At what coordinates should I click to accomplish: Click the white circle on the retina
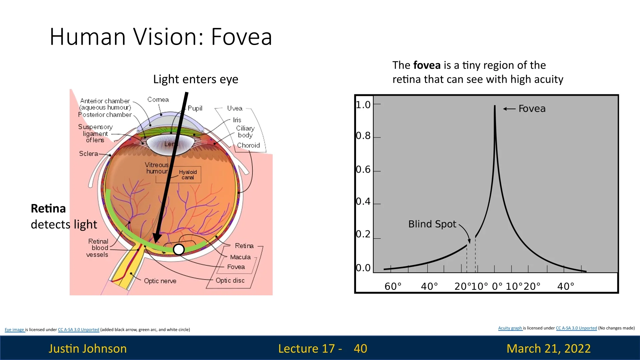click(179, 249)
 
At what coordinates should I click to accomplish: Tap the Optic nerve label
click(160, 281)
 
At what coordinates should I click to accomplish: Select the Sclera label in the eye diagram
click(89, 154)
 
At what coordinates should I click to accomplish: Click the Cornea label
click(158, 100)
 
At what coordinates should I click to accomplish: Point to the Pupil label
click(195, 108)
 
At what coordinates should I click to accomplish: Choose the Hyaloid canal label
click(188, 175)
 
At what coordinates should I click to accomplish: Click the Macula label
click(240, 257)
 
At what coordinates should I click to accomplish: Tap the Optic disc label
click(230, 280)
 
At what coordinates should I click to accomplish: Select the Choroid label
click(248, 145)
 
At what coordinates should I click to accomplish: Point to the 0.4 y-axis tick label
click(363, 201)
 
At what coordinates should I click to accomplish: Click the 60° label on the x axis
click(393, 286)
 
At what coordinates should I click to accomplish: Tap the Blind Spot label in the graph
click(432, 224)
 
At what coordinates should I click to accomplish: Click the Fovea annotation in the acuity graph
click(532, 109)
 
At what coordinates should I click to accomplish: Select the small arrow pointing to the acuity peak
click(509, 109)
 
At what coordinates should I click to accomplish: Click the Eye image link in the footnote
click(14, 330)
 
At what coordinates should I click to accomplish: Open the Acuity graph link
click(510, 328)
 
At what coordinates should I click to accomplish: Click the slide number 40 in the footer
click(360, 348)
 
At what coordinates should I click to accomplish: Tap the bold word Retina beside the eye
click(48, 208)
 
